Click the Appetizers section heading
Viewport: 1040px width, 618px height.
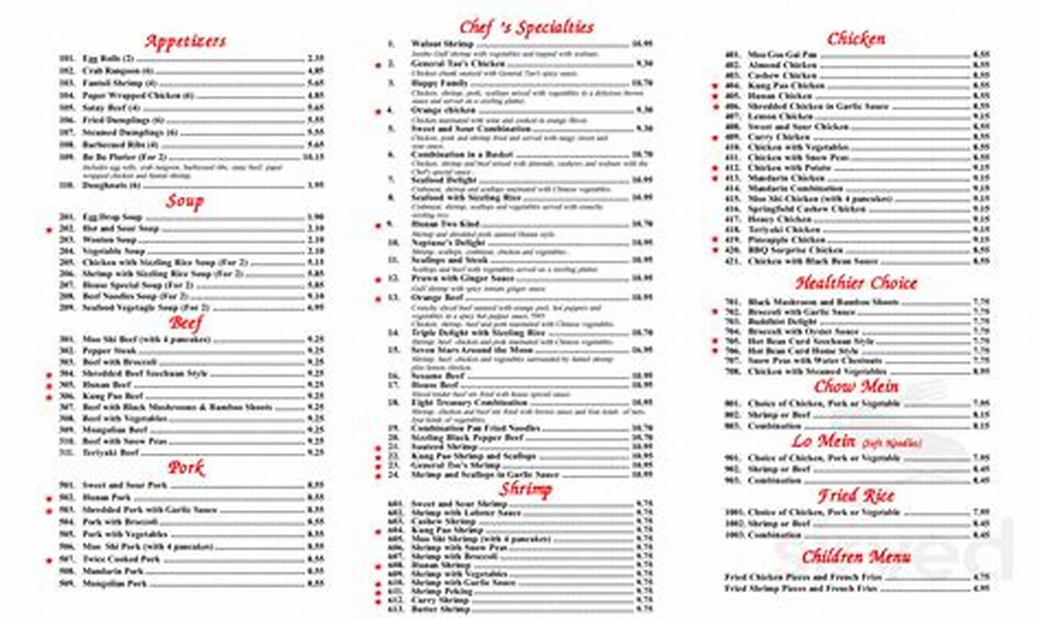click(186, 41)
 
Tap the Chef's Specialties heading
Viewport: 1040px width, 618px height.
click(526, 27)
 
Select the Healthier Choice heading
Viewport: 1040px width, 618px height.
click(856, 283)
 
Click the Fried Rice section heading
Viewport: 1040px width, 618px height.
click(856, 495)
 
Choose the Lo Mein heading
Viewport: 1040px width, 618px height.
click(824, 441)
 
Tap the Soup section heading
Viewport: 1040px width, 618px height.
click(185, 201)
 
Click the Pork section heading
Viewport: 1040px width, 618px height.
click(186, 468)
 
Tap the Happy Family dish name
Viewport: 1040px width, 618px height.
click(439, 83)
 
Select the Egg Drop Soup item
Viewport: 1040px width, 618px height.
click(112, 217)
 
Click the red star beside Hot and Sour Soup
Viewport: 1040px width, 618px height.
click(49, 230)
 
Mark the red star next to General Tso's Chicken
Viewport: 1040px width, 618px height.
click(378, 63)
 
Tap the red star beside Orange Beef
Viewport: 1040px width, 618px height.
click(378, 298)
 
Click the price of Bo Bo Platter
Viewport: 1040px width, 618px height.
click(313, 155)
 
